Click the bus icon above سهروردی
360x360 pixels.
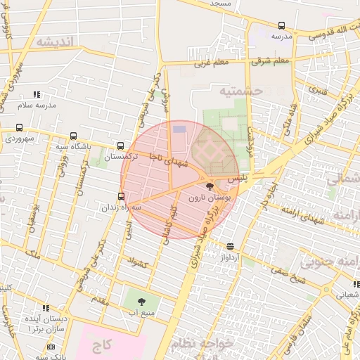click(19, 128)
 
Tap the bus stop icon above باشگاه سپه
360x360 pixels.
click(73, 136)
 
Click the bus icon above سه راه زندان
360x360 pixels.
click(122, 197)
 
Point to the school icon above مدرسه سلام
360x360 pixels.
click(37, 94)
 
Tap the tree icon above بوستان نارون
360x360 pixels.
click(209, 187)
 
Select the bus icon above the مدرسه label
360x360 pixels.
click(281, 25)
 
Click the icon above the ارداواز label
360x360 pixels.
click(231, 246)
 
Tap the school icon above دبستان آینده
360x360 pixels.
click(46, 308)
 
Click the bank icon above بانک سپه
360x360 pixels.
click(51, 347)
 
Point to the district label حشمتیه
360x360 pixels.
click(240, 91)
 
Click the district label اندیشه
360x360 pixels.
click(54, 41)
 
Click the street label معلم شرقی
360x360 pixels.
click(271, 61)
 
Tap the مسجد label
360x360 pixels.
click(220, 4)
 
